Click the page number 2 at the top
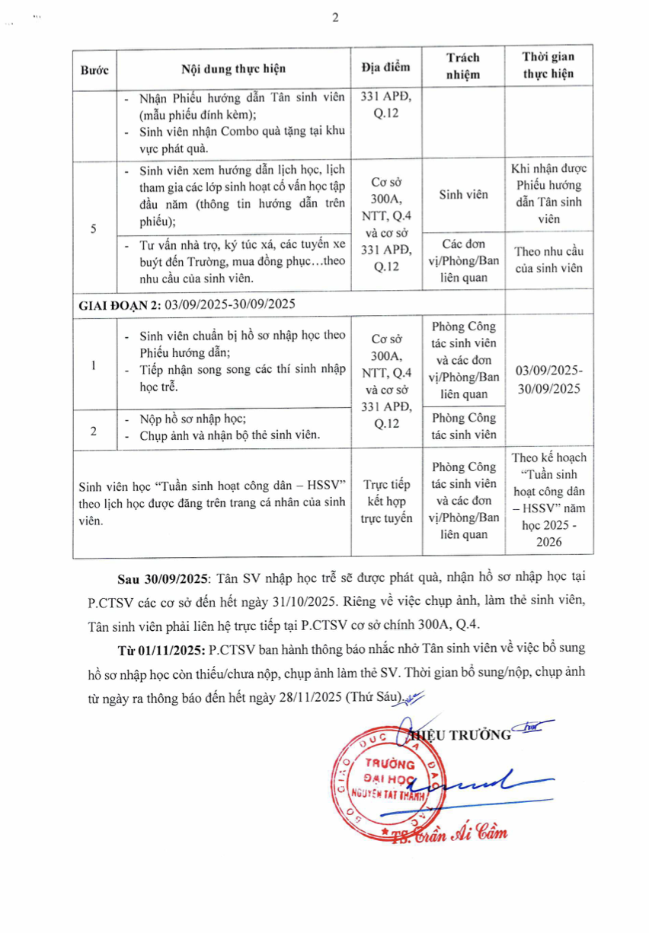(x=335, y=18)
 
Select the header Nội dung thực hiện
(x=233, y=69)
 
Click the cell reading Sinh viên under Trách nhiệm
(x=462, y=194)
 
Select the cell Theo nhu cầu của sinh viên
(x=548, y=260)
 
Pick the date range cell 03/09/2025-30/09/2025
(x=548, y=379)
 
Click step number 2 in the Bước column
(x=93, y=431)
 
